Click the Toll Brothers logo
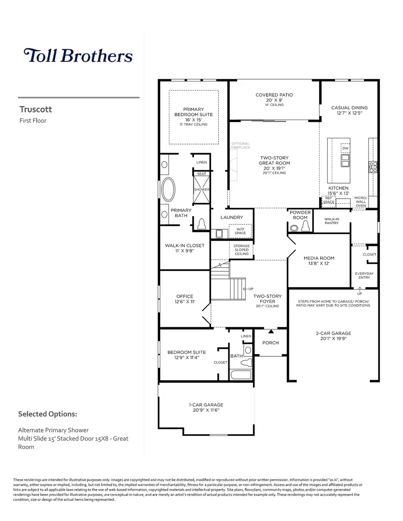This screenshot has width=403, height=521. click(x=78, y=56)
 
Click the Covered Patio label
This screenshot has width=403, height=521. click(x=274, y=95)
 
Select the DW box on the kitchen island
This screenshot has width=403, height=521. click(x=345, y=149)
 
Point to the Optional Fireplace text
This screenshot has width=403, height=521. click(x=240, y=145)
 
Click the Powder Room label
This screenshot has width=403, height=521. click(x=300, y=215)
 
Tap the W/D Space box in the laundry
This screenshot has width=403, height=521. click(x=241, y=231)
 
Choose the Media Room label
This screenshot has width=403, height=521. click(x=319, y=258)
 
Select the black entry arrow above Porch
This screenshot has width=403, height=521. click(x=270, y=332)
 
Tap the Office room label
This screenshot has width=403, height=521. click(x=184, y=296)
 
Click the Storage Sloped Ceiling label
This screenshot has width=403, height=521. click(x=242, y=250)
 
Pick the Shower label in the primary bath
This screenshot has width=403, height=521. click(x=201, y=190)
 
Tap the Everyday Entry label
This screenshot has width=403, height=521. click(x=364, y=275)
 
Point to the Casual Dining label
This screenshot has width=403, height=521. click(x=349, y=107)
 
